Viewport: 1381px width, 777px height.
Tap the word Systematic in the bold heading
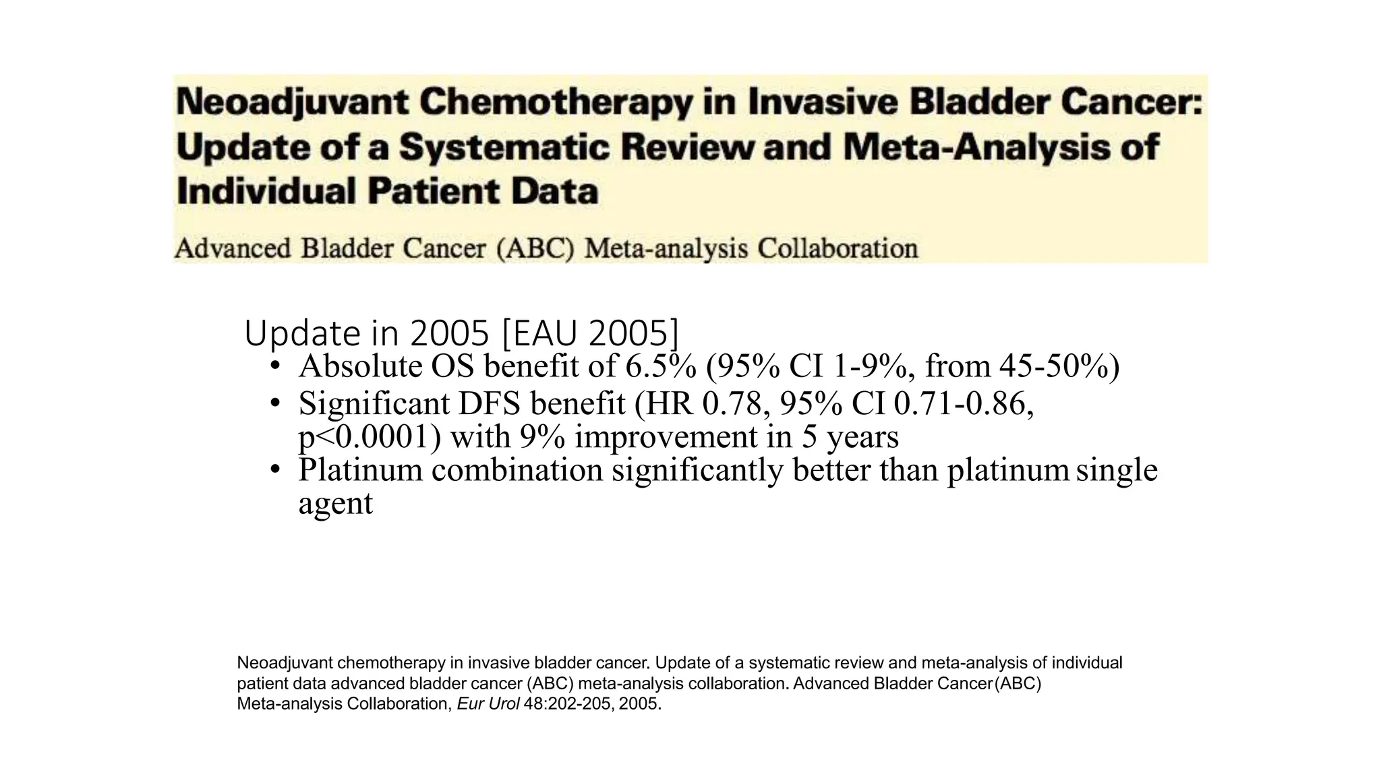click(504, 148)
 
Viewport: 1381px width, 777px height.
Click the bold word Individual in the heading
click(266, 192)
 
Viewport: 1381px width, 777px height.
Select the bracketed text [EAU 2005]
click(591, 333)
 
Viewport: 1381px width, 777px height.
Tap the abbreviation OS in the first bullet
click(454, 366)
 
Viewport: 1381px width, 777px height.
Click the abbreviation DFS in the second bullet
click(490, 404)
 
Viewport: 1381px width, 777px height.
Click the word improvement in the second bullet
click(666, 437)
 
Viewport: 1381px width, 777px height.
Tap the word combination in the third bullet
click(517, 470)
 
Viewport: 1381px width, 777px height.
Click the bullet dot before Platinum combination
click(274, 469)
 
